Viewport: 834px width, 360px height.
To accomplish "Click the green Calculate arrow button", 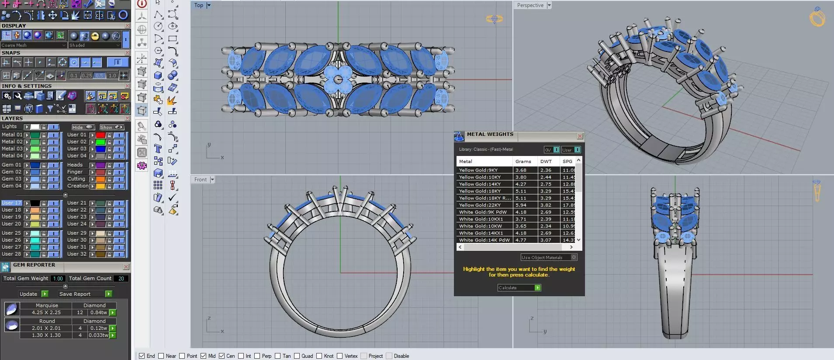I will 538,287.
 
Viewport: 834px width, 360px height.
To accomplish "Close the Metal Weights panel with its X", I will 580,136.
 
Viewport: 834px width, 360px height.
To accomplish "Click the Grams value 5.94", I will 521,205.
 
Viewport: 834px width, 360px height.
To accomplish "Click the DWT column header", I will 546,161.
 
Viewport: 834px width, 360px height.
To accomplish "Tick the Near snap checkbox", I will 161,356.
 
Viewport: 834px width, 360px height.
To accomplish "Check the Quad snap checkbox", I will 297,356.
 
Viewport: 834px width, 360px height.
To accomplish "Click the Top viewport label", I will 199,5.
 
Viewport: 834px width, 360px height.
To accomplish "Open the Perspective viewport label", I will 530,5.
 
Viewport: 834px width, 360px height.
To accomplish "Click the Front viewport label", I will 201,180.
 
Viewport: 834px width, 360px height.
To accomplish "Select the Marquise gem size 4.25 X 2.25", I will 46,312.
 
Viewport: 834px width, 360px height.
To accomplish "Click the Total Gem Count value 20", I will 121,278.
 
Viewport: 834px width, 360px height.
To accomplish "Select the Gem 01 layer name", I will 11,165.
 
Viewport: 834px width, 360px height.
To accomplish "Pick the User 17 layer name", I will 11,203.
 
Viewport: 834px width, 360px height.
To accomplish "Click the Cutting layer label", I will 76,179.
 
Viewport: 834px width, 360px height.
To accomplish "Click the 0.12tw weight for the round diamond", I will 98,328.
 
